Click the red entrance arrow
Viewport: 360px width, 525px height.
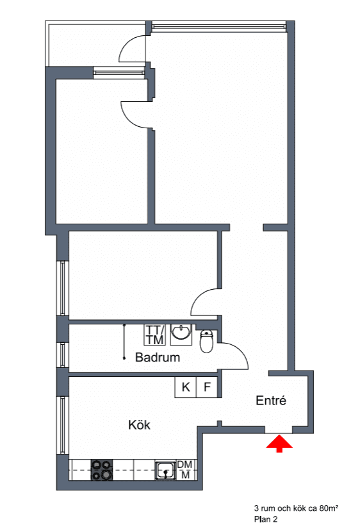pyautogui.click(x=279, y=444)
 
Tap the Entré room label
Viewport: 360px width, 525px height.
pyautogui.click(x=271, y=401)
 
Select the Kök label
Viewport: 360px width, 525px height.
pyautogui.click(x=139, y=425)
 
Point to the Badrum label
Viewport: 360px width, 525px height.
pyautogui.click(x=158, y=357)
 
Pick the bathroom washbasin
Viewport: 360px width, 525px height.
pyautogui.click(x=181, y=335)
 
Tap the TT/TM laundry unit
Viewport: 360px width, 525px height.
pyautogui.click(x=155, y=335)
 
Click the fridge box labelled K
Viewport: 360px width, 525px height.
pyautogui.click(x=185, y=387)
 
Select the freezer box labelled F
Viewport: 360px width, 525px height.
pyautogui.click(x=207, y=387)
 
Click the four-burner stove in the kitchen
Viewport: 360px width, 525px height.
pyautogui.click(x=102, y=470)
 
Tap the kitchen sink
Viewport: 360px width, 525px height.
pyautogui.click(x=165, y=470)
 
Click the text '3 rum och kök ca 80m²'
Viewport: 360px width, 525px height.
pyautogui.click(x=296, y=508)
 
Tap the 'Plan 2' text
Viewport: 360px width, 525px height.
pyautogui.click(x=266, y=519)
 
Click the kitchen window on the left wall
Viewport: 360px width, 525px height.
pyautogui.click(x=63, y=425)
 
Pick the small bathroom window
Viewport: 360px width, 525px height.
pyautogui.click(x=63, y=354)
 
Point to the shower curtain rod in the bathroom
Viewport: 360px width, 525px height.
pyautogui.click(x=124, y=342)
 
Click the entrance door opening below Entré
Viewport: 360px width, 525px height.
pyautogui.click(x=279, y=430)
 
